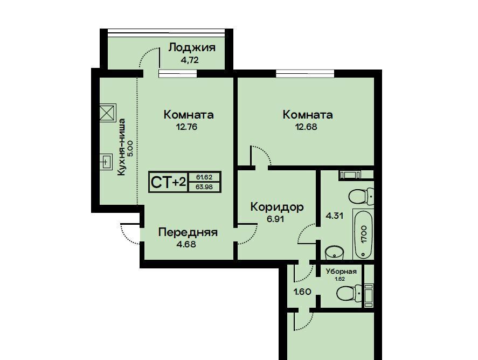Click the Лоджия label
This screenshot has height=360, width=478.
coord(192,48)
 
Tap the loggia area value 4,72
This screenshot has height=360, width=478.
coord(190,60)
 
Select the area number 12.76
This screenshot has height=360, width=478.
coord(186,127)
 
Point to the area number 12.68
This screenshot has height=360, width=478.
coord(306,127)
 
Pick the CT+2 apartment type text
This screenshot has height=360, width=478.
coord(168,182)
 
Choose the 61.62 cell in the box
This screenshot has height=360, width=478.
coord(204,177)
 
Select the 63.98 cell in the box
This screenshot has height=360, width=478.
coord(204,186)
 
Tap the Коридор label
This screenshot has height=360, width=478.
coord(277,207)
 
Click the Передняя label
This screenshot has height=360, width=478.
coord(188,232)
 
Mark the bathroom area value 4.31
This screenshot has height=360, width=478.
coord(335,216)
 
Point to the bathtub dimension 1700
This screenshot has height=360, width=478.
coord(364,234)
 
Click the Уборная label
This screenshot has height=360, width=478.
coord(341,272)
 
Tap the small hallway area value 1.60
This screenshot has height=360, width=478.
coord(302,292)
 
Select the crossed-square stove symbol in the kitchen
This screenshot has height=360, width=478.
coord(108,113)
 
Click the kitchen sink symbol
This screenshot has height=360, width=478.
coord(106,162)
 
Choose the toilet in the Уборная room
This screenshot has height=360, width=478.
coord(349,294)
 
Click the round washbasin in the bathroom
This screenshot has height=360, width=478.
coord(335,253)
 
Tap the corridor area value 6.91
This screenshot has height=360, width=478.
coord(275,219)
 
